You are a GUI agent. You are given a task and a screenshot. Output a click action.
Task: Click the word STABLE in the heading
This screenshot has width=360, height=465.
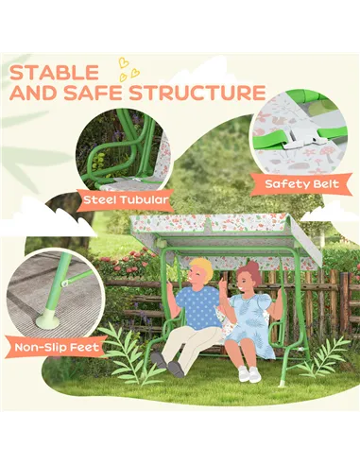[56, 72]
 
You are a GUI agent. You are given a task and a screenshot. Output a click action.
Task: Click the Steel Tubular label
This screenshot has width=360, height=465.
[127, 199]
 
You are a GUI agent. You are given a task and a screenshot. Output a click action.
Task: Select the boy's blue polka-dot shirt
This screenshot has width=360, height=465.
[199, 306]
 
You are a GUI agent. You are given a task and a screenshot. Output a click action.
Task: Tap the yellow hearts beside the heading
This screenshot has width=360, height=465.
[127, 68]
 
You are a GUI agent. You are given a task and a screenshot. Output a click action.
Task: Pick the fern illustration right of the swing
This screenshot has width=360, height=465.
[324, 356]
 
